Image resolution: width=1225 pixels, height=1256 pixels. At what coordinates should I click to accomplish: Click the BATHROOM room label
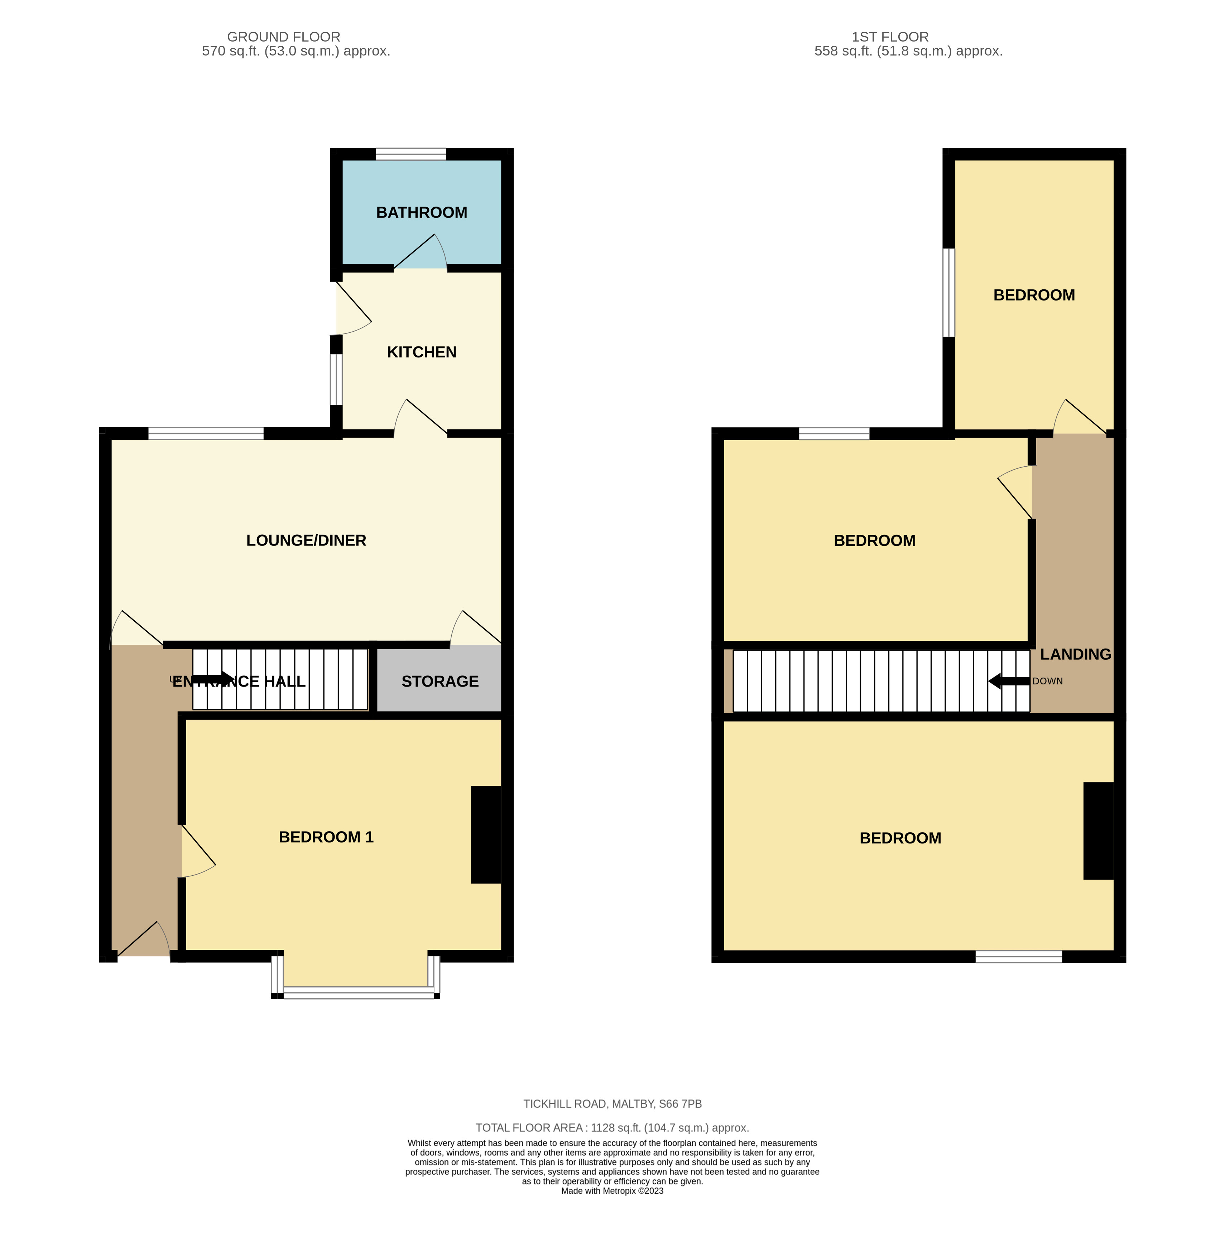point(422,212)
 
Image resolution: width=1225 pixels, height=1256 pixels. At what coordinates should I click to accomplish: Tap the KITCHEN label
point(422,352)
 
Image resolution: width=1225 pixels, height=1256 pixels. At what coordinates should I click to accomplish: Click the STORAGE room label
point(440,682)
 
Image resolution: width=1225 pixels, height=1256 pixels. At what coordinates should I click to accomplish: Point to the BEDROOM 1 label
point(326,837)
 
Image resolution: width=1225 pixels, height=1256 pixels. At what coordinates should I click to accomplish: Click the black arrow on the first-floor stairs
point(1009,681)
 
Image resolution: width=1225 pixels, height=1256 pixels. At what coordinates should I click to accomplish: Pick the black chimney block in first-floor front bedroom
point(1098,831)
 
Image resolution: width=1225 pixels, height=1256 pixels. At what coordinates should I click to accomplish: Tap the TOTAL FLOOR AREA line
point(612,1128)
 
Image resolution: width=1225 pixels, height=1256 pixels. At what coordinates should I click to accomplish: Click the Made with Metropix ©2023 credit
point(612,1191)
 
